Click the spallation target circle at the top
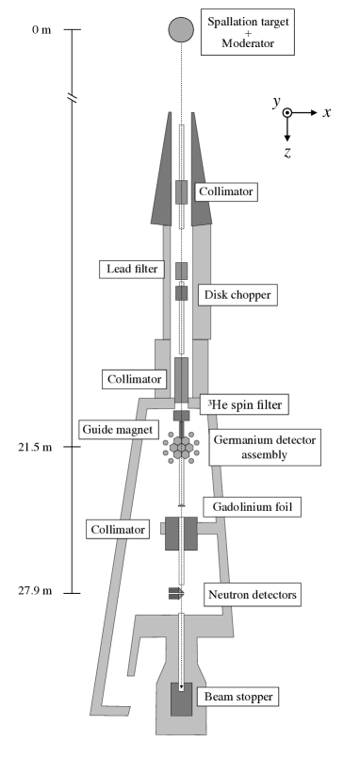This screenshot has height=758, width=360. point(181,29)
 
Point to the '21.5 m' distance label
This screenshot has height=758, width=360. point(35,445)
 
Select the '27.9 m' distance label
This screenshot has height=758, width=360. point(35,592)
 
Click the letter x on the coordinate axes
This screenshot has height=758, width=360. point(326,112)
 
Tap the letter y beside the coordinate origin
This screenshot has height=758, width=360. point(277,103)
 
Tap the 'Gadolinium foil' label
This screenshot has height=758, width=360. point(251,507)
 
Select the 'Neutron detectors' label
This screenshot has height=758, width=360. point(254,595)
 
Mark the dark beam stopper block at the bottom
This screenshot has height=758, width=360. point(181,699)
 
